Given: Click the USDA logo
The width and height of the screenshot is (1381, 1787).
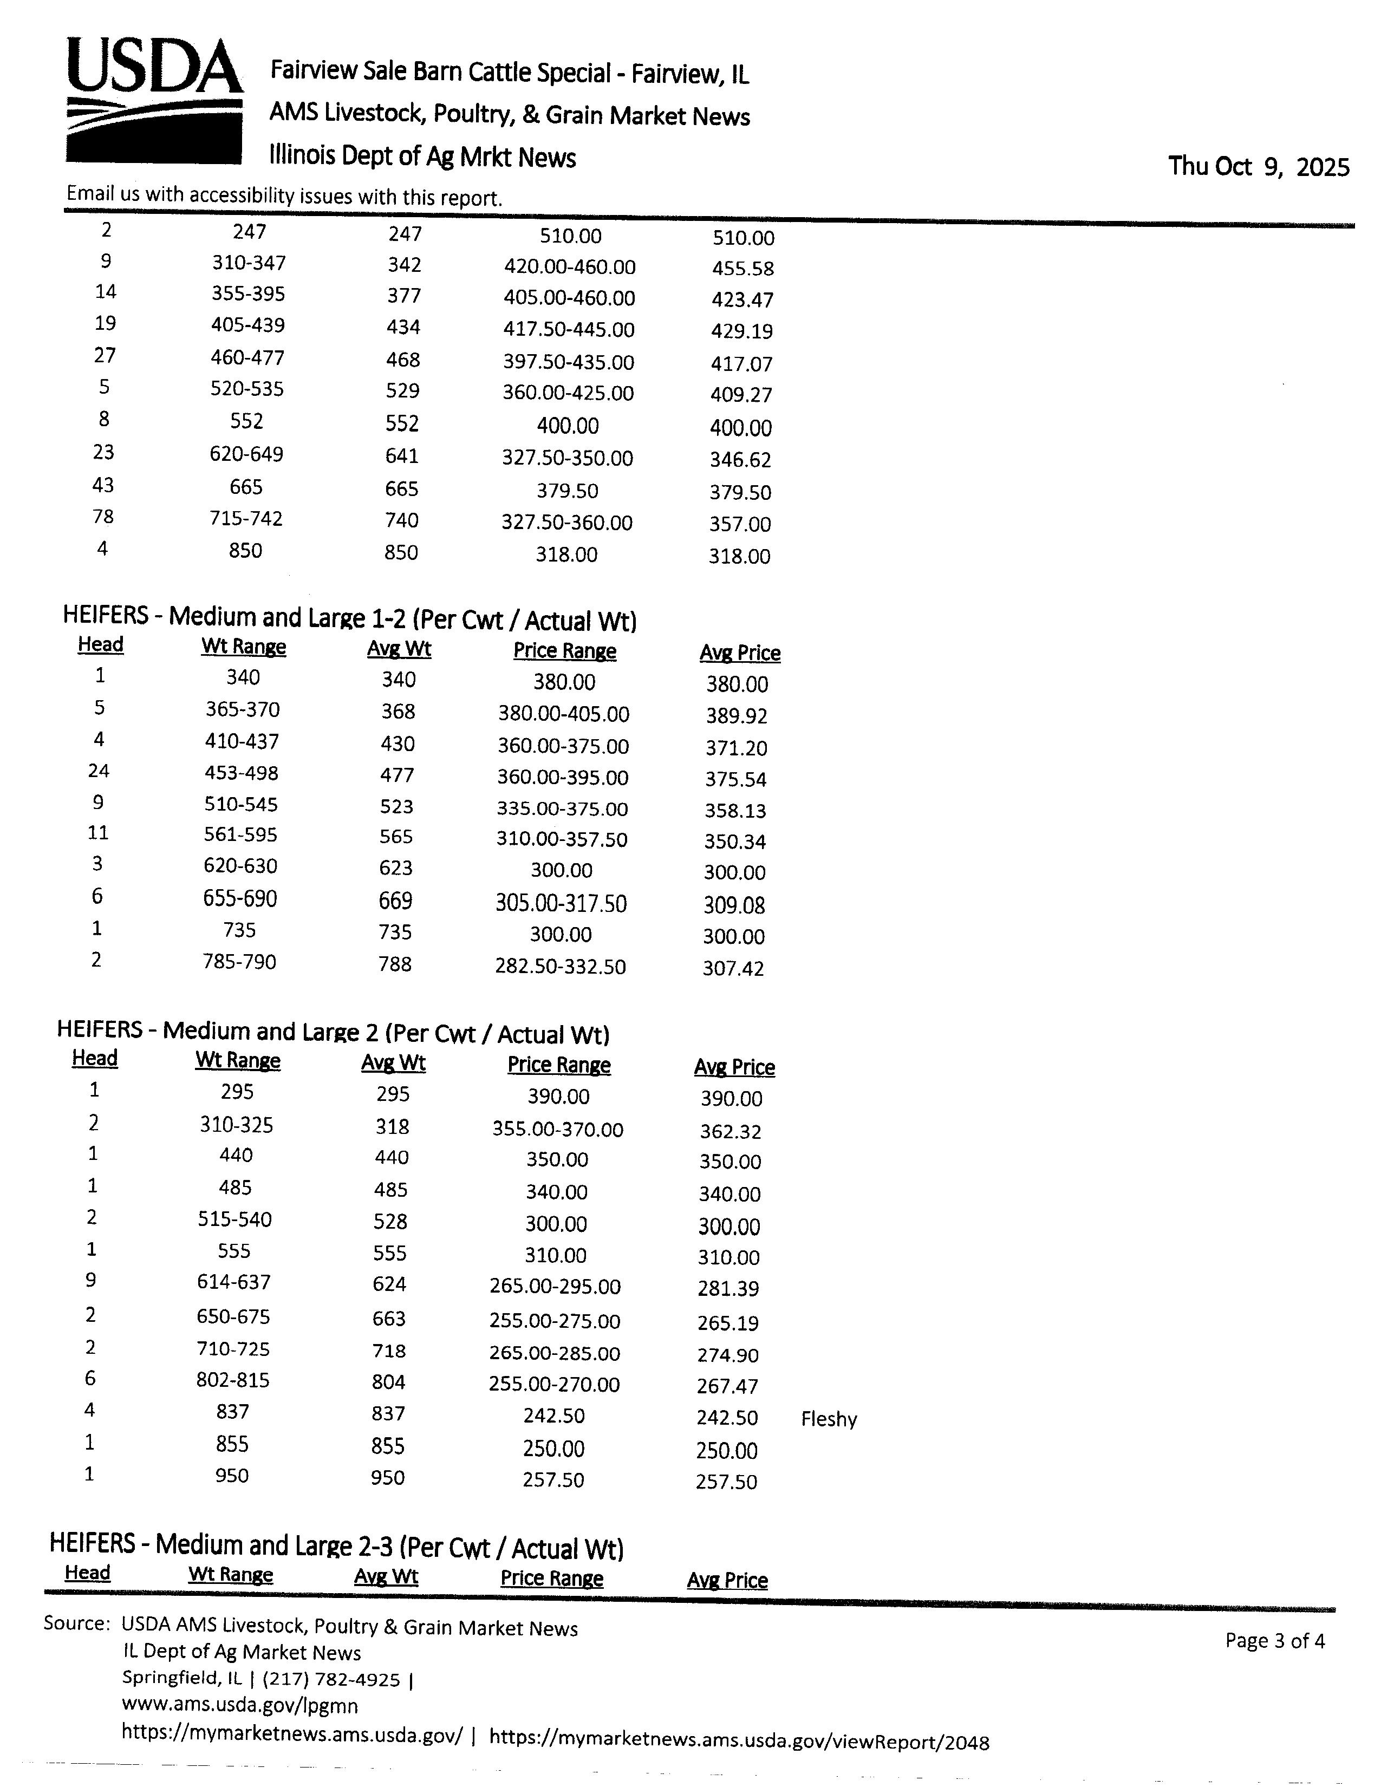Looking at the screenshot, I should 154,100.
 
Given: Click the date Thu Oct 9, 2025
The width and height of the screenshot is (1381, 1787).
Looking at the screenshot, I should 1258,167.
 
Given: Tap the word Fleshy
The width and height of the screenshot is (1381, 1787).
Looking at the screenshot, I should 829,1419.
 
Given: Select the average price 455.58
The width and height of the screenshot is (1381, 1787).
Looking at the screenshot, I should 743,269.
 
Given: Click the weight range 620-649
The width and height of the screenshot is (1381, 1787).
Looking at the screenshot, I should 246,454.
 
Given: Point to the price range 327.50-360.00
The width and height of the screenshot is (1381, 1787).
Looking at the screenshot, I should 567,522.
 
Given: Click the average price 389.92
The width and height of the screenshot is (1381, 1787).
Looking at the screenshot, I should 737,716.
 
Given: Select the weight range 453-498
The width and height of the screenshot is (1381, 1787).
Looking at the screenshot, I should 242,773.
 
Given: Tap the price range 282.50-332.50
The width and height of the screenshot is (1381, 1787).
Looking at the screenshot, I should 561,966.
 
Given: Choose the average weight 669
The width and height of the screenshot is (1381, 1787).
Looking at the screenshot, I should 395,901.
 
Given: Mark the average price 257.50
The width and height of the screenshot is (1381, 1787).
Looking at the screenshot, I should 726,1482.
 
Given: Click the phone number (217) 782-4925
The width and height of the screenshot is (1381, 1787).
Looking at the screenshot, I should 331,1680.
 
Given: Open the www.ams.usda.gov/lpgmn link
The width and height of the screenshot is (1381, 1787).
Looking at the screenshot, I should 240,1706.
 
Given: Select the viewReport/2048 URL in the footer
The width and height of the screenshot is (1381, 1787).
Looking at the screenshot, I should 739,1742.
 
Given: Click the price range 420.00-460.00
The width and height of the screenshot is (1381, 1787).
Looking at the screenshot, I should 569,267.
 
